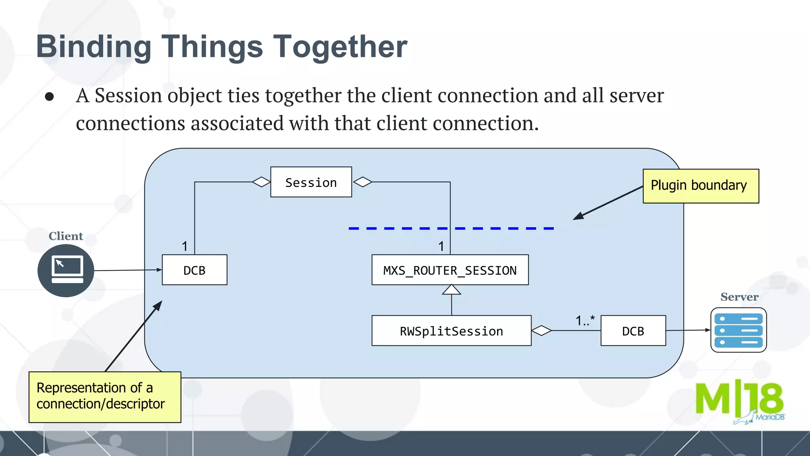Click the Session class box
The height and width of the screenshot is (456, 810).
[x=311, y=182]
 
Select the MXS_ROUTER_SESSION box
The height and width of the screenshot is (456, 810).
[x=450, y=270]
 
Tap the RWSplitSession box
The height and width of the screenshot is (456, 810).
[x=451, y=331]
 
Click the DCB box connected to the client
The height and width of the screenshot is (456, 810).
[x=194, y=270]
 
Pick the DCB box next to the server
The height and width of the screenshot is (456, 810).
[x=633, y=331]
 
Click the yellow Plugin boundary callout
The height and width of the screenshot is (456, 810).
[x=700, y=186]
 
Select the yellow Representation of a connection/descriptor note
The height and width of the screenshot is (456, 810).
[x=105, y=397]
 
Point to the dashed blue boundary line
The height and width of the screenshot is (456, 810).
[x=451, y=228]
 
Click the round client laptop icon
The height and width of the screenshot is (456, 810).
[x=66, y=271]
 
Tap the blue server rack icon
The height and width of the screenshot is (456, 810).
[x=738, y=330]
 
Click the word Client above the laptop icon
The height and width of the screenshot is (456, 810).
[x=66, y=236]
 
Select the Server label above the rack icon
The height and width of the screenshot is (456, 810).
[x=739, y=297]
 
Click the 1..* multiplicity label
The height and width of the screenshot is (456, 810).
[x=585, y=320]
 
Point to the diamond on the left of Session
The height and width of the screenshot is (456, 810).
[x=261, y=182]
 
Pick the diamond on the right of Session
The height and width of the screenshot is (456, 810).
[x=363, y=182]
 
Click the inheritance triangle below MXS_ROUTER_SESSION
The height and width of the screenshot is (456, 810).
[x=451, y=290]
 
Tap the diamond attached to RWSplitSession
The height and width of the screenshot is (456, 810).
[x=541, y=331]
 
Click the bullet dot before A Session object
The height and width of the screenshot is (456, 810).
[x=49, y=97]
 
